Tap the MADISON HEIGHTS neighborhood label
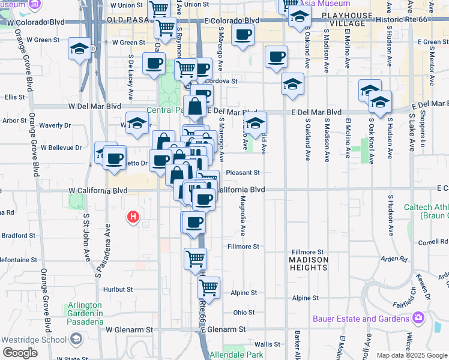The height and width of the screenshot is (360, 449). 309,265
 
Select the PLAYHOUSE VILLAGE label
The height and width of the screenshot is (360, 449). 343,19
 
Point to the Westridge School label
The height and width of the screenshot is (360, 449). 33,339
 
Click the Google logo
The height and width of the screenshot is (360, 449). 20,353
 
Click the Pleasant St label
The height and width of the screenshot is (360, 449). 244,172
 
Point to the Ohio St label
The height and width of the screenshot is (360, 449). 244,313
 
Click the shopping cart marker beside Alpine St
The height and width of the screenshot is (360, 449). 208,288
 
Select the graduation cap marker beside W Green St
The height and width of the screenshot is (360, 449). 79,49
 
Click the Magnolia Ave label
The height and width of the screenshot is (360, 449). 243,215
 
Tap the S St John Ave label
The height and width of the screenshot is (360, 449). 86,235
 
